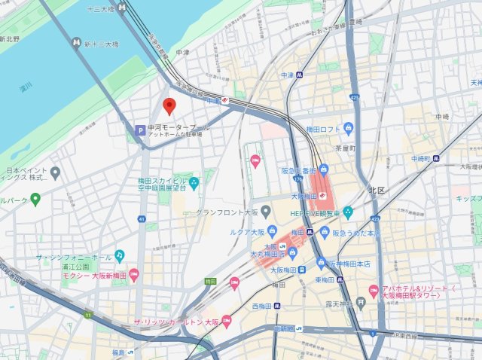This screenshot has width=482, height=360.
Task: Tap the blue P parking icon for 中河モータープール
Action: click(139, 130)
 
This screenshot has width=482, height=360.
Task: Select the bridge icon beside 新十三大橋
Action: click(76, 44)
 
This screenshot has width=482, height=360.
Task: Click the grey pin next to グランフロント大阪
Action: click(266, 213)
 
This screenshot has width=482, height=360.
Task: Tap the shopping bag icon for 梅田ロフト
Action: click(348, 128)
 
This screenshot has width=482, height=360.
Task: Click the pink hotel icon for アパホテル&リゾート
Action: click(372, 290)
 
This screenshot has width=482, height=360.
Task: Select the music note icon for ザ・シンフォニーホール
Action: click(119, 257)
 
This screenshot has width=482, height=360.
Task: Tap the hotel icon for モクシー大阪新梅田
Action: click(133, 273)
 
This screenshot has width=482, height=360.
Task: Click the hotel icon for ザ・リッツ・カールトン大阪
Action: click(226, 322)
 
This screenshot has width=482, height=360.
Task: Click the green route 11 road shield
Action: click(87, 314)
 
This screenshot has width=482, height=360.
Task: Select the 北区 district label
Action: click(377, 189)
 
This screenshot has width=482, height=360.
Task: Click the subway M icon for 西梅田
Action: click(276, 306)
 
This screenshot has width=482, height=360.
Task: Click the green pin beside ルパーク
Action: click(35, 198)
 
